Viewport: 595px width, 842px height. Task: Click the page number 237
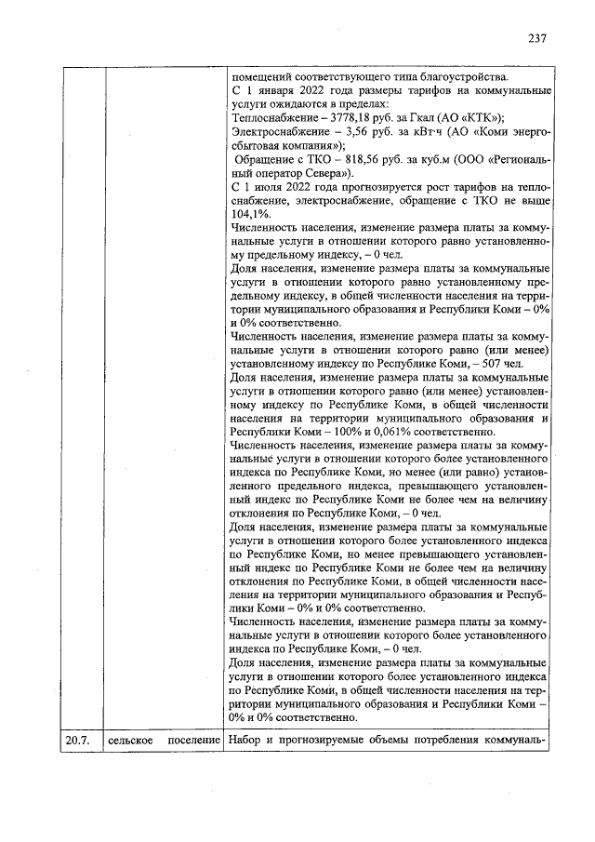coord(536,39)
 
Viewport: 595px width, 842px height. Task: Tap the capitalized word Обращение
coord(263,160)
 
